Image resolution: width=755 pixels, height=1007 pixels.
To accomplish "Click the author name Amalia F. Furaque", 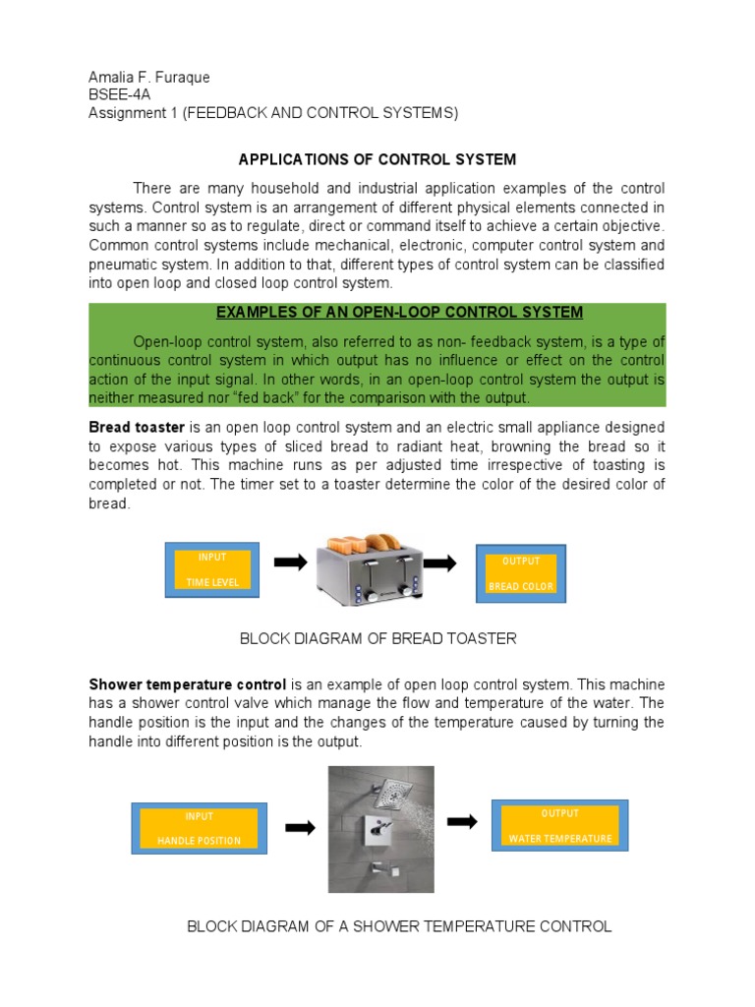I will (x=149, y=78).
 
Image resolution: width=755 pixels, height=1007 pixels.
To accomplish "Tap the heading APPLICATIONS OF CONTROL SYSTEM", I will (x=378, y=159).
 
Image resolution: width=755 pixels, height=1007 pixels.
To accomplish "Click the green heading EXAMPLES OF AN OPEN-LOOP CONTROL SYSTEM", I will (x=399, y=313).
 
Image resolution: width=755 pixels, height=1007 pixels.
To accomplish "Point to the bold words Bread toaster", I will (x=137, y=428).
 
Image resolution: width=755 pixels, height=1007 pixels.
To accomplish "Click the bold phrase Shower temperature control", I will (x=188, y=684).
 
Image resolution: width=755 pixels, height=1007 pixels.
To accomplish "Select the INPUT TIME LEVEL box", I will (x=211, y=570).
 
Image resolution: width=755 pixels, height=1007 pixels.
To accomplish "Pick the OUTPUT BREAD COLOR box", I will (x=521, y=574).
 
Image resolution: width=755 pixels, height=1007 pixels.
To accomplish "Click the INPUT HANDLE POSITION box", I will (x=199, y=828).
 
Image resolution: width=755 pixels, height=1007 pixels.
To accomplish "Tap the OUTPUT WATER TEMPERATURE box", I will (x=559, y=826).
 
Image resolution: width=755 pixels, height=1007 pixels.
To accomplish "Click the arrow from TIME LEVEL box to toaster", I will (x=290, y=563).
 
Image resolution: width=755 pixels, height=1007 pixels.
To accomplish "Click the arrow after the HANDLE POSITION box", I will (x=299, y=828).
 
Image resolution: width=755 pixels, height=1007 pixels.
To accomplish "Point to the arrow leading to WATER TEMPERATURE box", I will (x=462, y=821).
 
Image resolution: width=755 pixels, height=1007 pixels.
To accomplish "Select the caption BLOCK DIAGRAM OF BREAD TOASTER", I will (x=377, y=639).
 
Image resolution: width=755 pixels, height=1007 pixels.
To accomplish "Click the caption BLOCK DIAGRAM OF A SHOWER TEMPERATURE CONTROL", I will (x=399, y=926).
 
